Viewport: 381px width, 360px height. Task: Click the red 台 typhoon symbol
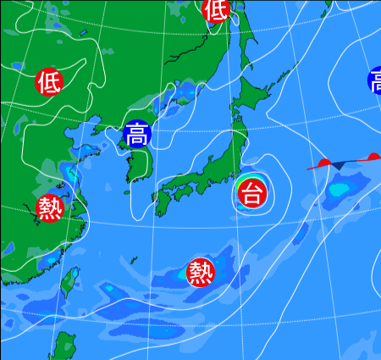tap(251, 193)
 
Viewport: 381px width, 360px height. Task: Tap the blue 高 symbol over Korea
tap(136, 134)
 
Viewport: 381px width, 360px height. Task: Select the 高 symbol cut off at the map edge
tap(375, 81)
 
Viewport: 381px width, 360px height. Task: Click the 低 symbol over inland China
tap(49, 81)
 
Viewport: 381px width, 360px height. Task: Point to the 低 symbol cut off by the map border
tap(216, 8)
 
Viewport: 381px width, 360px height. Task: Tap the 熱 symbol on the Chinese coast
tap(50, 208)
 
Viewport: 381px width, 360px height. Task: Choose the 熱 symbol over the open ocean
tap(201, 272)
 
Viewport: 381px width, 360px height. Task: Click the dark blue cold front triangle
tap(338, 163)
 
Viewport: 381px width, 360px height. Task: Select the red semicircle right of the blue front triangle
tap(373, 157)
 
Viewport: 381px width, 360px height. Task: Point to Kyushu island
tap(163, 201)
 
